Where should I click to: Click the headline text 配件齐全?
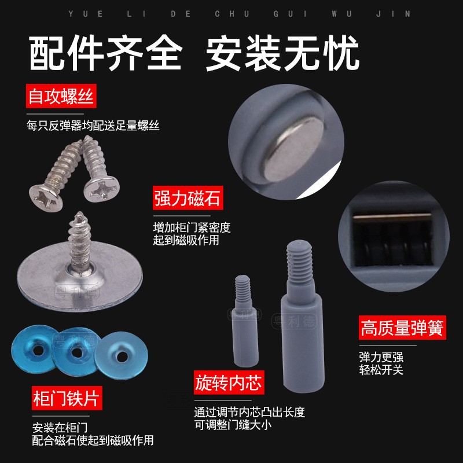point(105,54)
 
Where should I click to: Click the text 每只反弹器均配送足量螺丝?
point(93,124)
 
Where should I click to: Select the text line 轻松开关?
point(381,369)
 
